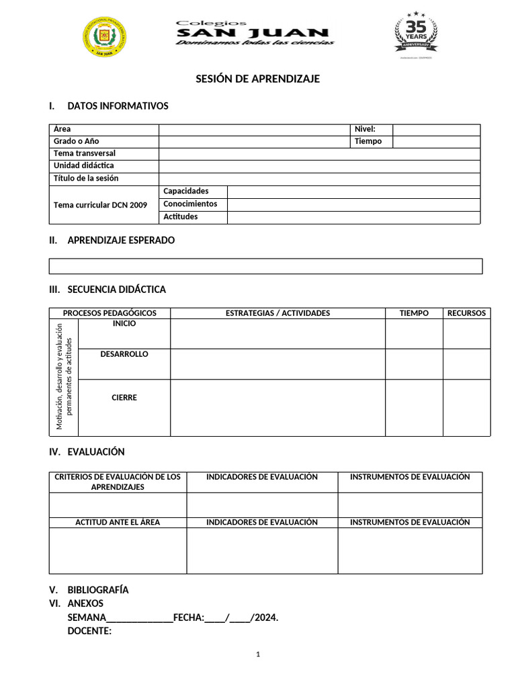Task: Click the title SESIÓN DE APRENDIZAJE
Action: pos(257,79)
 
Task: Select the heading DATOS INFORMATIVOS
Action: pos(118,106)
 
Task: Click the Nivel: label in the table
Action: pos(365,129)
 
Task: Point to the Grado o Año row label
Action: pos(77,141)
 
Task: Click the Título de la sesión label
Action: pos(86,179)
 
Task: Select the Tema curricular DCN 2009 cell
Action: pos(100,204)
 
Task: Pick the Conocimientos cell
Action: pos(190,204)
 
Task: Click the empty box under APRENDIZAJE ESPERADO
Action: pos(265,266)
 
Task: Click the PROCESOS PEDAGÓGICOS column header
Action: pos(110,313)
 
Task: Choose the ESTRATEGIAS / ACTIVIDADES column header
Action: pos(277,313)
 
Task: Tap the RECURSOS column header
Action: pos(466,313)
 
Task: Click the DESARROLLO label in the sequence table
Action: pos(124,354)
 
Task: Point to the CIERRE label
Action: pos(124,398)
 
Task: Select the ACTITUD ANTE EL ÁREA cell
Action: pos(118,522)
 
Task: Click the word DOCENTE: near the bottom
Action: pos(89,631)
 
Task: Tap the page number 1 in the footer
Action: pos(258,655)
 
